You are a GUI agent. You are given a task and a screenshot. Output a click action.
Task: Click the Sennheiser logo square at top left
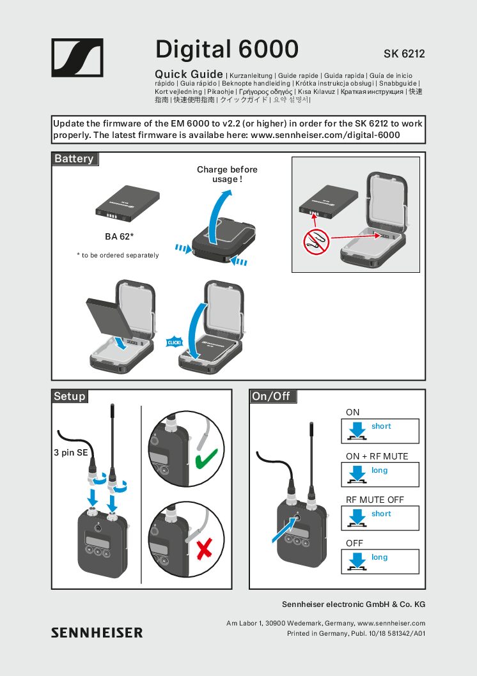[x=77, y=58]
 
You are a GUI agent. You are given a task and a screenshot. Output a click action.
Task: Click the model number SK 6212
[x=404, y=54]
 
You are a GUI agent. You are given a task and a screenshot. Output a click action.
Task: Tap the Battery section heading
[x=74, y=158]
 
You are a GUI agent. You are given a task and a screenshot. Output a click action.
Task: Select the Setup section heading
[x=70, y=396]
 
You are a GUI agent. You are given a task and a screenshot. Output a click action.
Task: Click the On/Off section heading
[x=271, y=396]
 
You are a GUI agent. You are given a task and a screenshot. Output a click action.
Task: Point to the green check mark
[x=204, y=458]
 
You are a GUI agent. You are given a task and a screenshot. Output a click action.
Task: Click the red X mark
[x=205, y=548]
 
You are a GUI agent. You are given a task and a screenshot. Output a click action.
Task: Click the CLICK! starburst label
[x=175, y=343]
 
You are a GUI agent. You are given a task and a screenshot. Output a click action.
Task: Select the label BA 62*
[x=119, y=236]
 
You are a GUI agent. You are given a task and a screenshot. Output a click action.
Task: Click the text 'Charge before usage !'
[x=227, y=174]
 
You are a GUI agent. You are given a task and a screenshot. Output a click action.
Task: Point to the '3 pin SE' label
[x=71, y=453]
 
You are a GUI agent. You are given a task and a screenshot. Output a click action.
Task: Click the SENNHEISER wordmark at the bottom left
[x=97, y=633]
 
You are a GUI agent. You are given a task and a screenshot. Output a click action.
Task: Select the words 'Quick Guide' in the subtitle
[x=189, y=74]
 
